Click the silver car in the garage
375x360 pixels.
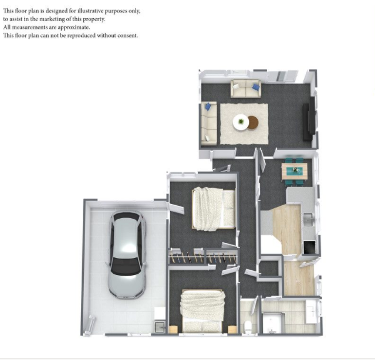tap(127, 254)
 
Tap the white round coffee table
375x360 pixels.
tap(241, 123)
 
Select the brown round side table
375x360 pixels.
tap(253, 123)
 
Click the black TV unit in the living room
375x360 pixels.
tap(309, 119)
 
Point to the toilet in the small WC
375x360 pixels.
tap(248, 326)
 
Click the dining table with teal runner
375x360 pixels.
tap(294, 172)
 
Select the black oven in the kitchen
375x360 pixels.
tap(309, 247)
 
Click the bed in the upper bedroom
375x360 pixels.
tap(214, 209)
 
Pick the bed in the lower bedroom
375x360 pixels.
tap(202, 311)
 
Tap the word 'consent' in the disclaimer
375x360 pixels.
tap(127, 36)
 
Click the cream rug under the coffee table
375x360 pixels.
tap(244, 124)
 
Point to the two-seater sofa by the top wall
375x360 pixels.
tap(246, 89)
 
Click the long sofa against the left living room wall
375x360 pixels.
tap(209, 123)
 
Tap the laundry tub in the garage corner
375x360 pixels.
tap(160, 327)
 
